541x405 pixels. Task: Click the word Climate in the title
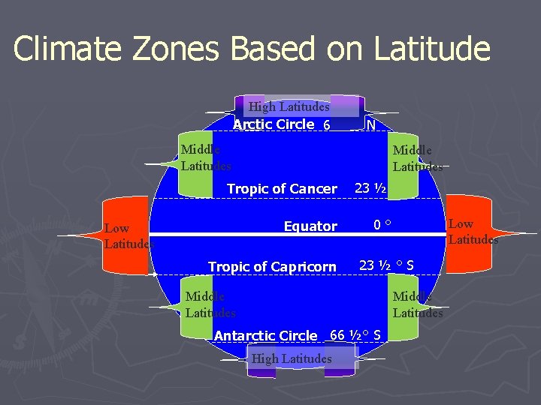pos(68,49)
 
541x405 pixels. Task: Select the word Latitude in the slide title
pos(426,49)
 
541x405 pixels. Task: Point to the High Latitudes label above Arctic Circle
pos(289,107)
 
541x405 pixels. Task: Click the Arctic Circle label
pos(274,124)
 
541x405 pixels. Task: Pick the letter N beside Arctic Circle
pos(370,126)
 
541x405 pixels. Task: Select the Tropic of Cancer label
pos(282,189)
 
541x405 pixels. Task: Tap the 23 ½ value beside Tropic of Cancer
pos(370,188)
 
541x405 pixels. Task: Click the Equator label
pos(310,226)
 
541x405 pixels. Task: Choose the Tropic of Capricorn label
pos(272,266)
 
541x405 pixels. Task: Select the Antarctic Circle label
pos(266,336)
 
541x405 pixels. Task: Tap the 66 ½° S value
pos(355,334)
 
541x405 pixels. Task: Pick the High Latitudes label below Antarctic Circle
pos(291,359)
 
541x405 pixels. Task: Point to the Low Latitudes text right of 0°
pos(473,232)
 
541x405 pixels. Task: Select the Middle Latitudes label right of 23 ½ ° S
pos(418,304)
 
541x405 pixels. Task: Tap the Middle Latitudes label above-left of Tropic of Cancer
pos(206,157)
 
